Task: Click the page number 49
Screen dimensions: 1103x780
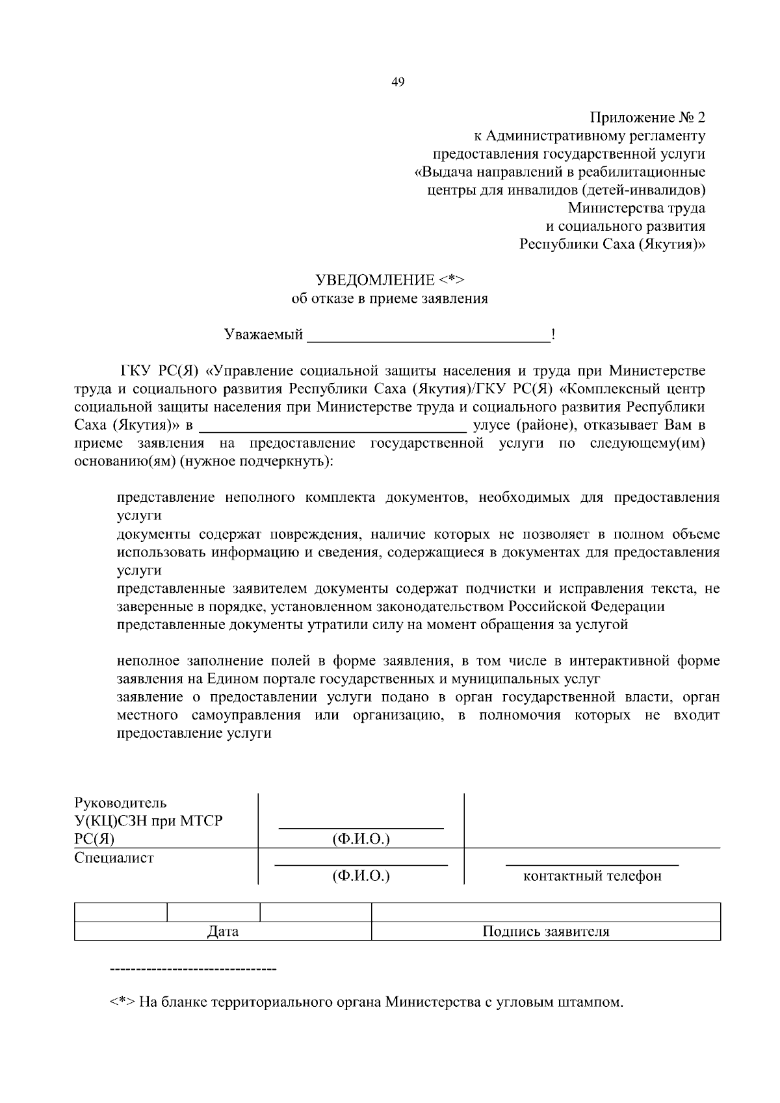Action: coord(398,82)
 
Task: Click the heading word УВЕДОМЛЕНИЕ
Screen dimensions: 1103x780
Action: coord(375,280)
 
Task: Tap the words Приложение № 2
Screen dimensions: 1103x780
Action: coord(647,118)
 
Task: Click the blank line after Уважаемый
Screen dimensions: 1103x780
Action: coord(428,339)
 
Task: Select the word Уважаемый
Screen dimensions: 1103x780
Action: coord(263,335)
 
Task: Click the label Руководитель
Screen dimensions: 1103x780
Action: coord(121,803)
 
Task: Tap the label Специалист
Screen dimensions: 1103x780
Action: coord(114,857)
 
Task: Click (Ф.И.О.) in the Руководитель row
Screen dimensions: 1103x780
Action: coord(361,838)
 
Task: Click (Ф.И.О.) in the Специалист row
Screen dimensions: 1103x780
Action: coord(361,876)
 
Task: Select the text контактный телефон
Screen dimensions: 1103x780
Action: coord(592,876)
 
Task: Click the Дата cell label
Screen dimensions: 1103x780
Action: coord(223,931)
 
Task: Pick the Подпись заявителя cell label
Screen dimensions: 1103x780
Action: coord(546,931)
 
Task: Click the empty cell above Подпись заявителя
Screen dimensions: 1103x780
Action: coord(546,912)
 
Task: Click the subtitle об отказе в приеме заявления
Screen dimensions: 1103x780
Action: coord(389,299)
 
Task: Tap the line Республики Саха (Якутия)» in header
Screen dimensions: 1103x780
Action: coord(612,244)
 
